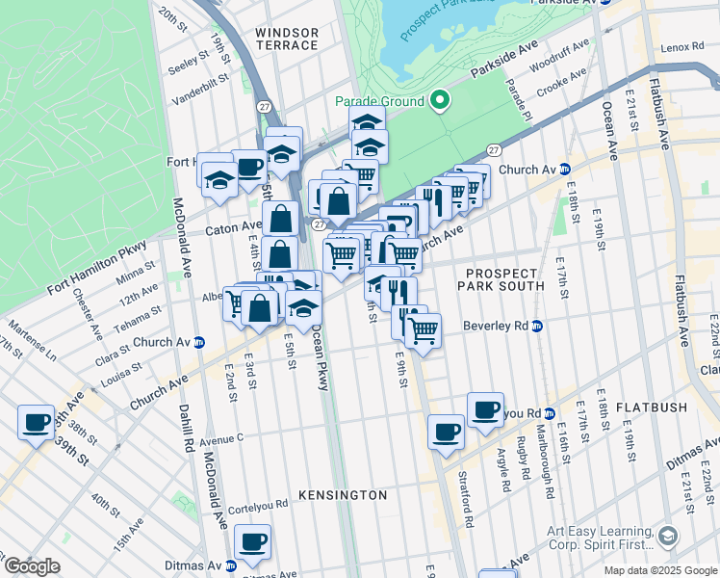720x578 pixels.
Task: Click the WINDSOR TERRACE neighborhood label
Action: click(x=286, y=39)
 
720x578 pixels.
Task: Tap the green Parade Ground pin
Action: click(x=440, y=100)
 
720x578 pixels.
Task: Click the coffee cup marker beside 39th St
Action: click(x=38, y=422)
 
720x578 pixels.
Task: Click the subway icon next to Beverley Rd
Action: click(x=537, y=326)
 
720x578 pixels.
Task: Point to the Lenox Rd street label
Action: click(x=684, y=47)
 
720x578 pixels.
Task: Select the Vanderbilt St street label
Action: click(x=198, y=83)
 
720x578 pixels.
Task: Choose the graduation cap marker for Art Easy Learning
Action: click(x=667, y=536)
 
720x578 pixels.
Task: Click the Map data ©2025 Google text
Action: click(x=659, y=569)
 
